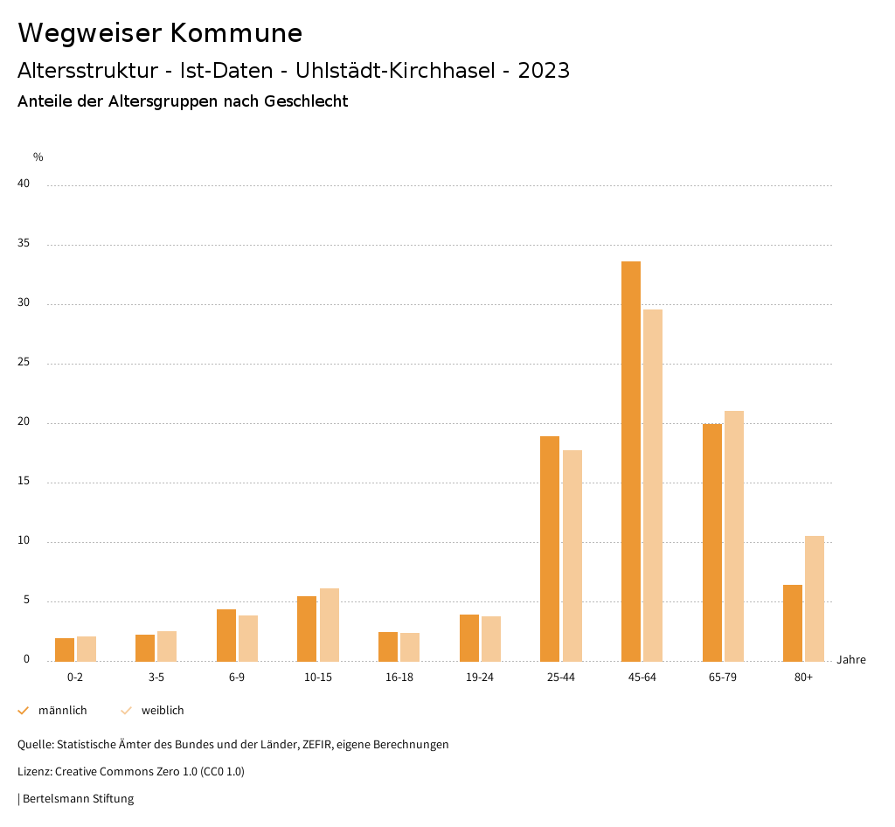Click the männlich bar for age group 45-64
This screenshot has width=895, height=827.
pos(631,461)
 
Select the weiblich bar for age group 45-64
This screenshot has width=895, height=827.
pos(653,485)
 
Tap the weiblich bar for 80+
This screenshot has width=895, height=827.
pos(815,598)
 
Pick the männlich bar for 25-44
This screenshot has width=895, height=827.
pos(550,548)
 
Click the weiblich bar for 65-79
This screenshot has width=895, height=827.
pos(734,536)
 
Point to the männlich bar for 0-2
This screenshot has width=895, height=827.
pos(65,650)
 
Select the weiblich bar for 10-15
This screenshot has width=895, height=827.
pos(330,624)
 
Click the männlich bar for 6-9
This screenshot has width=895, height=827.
pos(226,635)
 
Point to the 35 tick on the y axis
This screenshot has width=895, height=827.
pos(24,244)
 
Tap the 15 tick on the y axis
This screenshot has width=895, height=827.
pos(24,482)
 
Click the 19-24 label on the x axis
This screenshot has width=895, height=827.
pos(480,678)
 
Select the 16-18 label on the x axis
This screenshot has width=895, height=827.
pos(399,678)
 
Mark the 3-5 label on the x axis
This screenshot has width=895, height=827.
pos(156,678)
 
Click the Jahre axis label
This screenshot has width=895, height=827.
pos(851,660)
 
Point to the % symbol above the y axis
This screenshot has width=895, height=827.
pos(38,157)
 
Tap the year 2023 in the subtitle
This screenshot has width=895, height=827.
pos(544,71)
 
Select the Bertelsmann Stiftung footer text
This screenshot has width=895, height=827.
pos(78,799)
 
